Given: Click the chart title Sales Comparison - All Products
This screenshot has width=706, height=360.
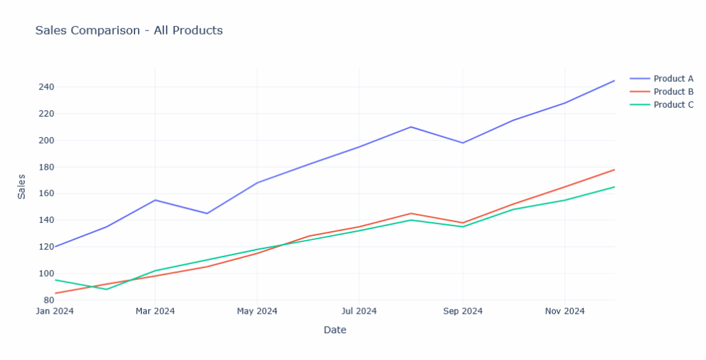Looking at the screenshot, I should click(x=129, y=30).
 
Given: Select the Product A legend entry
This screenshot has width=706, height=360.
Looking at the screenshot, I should click(x=673, y=79).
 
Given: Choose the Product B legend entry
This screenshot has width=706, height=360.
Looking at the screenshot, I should click(x=673, y=92).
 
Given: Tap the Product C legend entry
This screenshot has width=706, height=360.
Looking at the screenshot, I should click(x=673, y=105).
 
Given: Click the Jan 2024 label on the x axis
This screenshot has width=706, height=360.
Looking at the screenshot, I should click(x=54, y=311).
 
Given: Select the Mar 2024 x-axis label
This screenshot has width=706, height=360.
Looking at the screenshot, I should click(x=155, y=311).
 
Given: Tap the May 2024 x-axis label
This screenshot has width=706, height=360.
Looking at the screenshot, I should click(x=257, y=311).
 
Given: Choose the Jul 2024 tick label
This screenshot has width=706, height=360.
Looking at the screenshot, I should click(x=359, y=311).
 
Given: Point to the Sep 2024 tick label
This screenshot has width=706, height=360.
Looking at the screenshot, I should click(x=463, y=311).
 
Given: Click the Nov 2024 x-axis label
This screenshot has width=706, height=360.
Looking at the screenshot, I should click(x=565, y=311).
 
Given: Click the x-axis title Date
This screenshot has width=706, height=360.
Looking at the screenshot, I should click(x=335, y=330).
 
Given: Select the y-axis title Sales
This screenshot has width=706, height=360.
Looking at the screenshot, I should click(x=21, y=186).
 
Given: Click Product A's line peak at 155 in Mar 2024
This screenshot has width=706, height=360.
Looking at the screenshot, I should click(x=155, y=200).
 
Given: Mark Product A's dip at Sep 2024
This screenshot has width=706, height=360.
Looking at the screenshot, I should click(x=463, y=143).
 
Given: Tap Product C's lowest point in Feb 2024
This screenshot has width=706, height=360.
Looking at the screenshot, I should click(x=106, y=289).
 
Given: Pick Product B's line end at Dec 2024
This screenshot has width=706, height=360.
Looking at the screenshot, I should click(x=614, y=170).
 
